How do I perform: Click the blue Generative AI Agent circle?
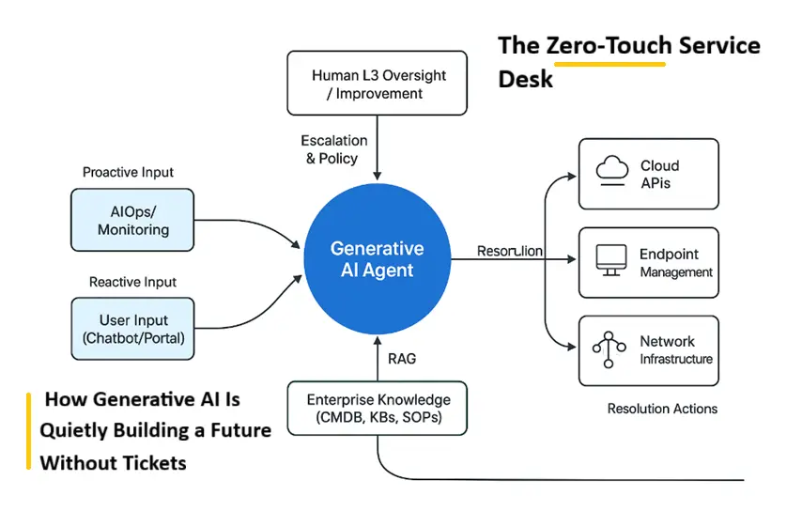point(378,259)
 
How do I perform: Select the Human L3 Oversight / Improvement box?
point(377,83)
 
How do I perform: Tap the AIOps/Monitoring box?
point(132,220)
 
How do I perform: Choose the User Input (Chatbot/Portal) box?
point(133,329)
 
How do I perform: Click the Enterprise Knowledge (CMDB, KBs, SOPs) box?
point(378,409)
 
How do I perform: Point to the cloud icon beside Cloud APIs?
point(612,170)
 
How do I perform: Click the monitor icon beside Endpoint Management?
point(611,260)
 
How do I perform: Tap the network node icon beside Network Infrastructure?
point(609,349)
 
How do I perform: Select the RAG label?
point(402,359)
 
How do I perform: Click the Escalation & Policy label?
point(333,149)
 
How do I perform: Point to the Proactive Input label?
point(128,172)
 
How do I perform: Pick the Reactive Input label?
point(132,282)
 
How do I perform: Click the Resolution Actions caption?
point(662,409)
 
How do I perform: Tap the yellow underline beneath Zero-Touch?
point(609,64)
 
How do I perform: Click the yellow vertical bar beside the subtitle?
point(28,431)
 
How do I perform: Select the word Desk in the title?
point(525,79)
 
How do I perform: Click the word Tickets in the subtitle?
point(155,463)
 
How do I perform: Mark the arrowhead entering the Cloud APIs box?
point(571,177)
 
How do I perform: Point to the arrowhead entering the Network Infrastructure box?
point(571,347)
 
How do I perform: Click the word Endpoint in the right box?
point(669,255)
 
